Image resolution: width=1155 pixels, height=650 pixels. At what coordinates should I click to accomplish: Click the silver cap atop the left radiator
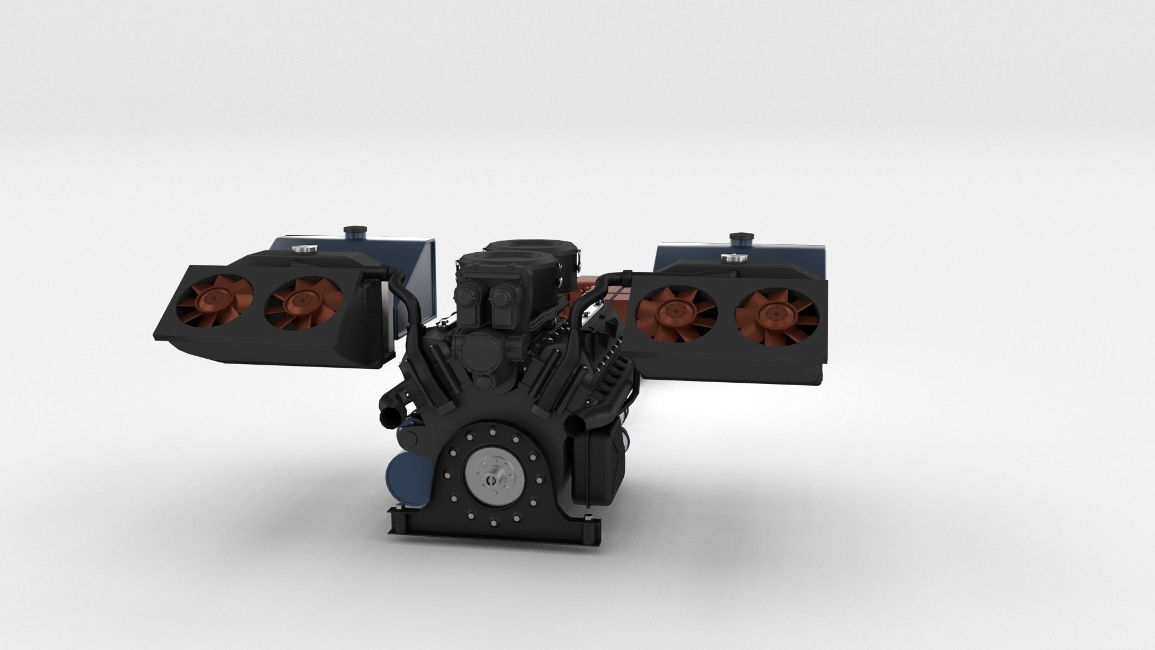pos(299,248)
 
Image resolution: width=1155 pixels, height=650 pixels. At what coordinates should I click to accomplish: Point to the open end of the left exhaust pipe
pos(389,416)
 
